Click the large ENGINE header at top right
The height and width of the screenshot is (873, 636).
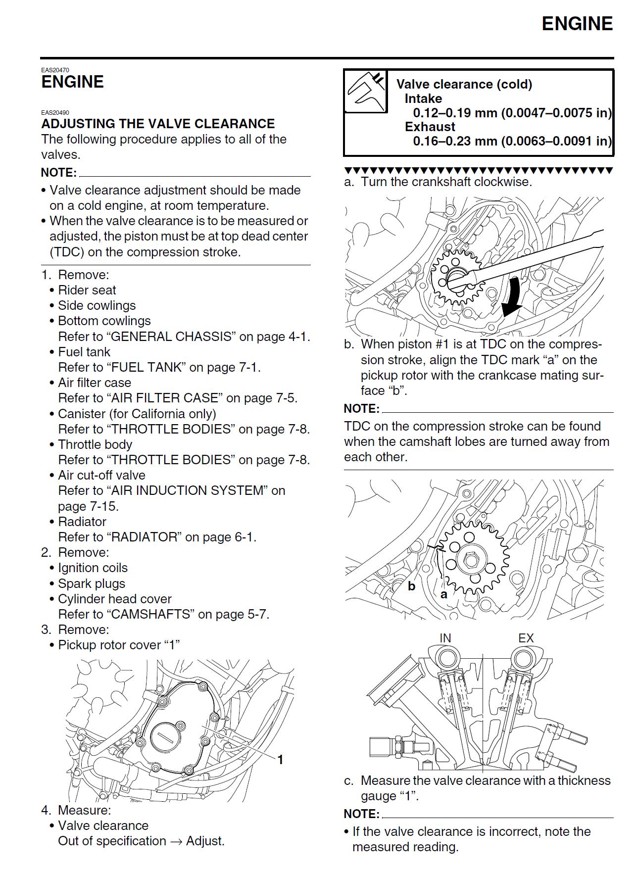[577, 24]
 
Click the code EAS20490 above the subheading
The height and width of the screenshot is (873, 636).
[55, 112]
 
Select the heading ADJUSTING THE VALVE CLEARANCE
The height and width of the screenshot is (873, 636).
[158, 124]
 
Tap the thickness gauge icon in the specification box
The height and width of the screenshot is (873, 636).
[366, 91]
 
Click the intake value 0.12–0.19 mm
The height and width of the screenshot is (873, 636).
[455, 113]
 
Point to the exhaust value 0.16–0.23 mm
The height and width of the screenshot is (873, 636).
[455, 141]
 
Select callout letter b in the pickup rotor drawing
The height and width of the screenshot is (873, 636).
[411, 586]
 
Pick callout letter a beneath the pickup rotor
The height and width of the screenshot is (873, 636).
[443, 594]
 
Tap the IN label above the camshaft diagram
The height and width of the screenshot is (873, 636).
[445, 638]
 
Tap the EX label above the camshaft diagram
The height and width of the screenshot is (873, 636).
[526, 638]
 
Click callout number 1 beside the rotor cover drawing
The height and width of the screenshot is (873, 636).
[280, 760]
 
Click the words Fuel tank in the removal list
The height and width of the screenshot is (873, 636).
[84, 352]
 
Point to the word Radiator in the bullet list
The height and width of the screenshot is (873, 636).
[82, 522]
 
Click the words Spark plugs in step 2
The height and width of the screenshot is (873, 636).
[92, 583]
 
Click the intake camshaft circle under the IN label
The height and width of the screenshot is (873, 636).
[448, 659]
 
